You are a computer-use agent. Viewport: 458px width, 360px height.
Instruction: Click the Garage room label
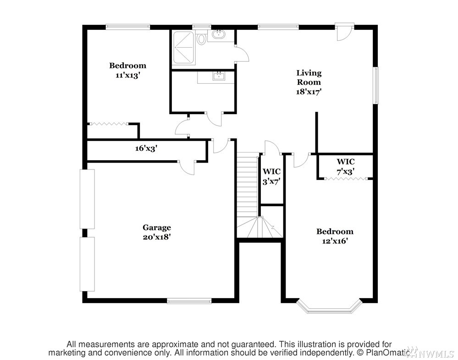[x=156, y=228]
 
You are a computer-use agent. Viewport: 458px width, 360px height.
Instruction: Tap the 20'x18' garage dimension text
[x=156, y=237]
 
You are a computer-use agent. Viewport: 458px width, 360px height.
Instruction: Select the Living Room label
[x=309, y=77]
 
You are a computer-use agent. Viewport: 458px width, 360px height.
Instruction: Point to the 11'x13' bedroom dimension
[x=127, y=75]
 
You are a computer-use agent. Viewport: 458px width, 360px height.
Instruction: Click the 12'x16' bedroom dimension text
[x=335, y=241]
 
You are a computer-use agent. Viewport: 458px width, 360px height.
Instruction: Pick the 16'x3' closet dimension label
[x=146, y=148]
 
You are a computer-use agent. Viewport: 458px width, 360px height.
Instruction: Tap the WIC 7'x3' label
[x=346, y=167]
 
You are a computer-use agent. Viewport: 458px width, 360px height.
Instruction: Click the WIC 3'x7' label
[x=272, y=176]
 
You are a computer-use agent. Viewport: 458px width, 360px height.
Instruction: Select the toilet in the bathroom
[x=201, y=39]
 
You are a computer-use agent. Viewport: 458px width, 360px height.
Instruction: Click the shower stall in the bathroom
[x=183, y=48]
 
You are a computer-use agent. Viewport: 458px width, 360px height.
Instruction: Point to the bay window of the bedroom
[x=329, y=307]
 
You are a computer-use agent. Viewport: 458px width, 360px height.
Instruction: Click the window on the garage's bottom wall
[x=189, y=301]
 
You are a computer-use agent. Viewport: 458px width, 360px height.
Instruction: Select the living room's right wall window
[x=376, y=85]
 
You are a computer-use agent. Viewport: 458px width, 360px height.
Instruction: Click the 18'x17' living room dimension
[x=309, y=92]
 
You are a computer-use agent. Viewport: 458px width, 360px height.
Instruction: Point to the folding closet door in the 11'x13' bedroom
[x=109, y=124]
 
